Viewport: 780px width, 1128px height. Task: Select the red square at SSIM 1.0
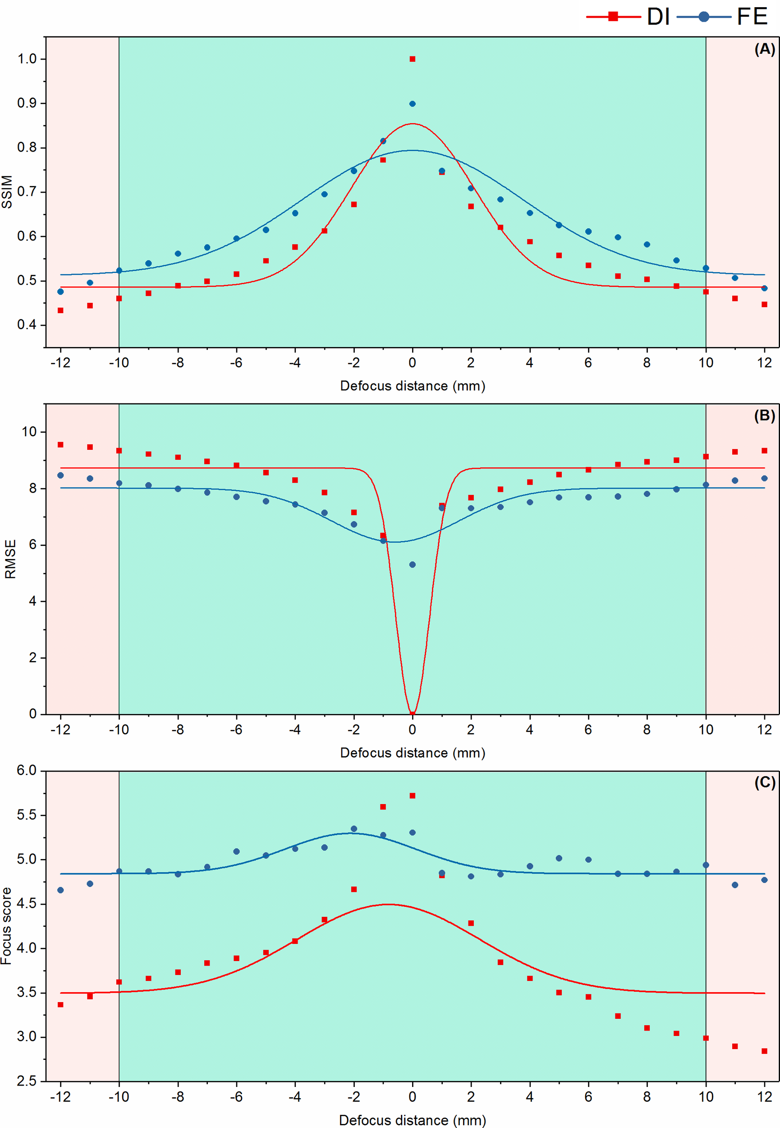click(x=412, y=59)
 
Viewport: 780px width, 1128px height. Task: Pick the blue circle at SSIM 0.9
click(x=412, y=104)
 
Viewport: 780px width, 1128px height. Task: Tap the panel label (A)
click(x=764, y=49)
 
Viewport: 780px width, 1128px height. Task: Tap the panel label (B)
click(x=764, y=416)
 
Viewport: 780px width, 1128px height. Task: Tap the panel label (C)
click(x=764, y=782)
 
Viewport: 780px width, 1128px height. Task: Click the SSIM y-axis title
click(x=7, y=192)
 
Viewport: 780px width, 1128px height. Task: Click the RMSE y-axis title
click(x=10, y=559)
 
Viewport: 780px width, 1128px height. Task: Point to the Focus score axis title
click(x=6, y=925)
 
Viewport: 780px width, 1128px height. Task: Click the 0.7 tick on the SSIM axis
click(x=27, y=192)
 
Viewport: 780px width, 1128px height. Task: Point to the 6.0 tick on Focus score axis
click(x=27, y=771)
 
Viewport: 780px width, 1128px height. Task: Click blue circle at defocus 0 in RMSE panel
click(x=412, y=564)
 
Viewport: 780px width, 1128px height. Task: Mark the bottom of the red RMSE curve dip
click(x=412, y=712)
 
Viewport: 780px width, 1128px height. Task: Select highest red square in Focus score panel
click(x=412, y=795)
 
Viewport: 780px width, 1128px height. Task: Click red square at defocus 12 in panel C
click(x=764, y=1051)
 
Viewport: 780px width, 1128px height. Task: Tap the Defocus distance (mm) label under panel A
click(x=412, y=386)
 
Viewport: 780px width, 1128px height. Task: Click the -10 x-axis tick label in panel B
click(x=118, y=730)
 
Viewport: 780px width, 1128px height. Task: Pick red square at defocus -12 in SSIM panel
click(x=60, y=310)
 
